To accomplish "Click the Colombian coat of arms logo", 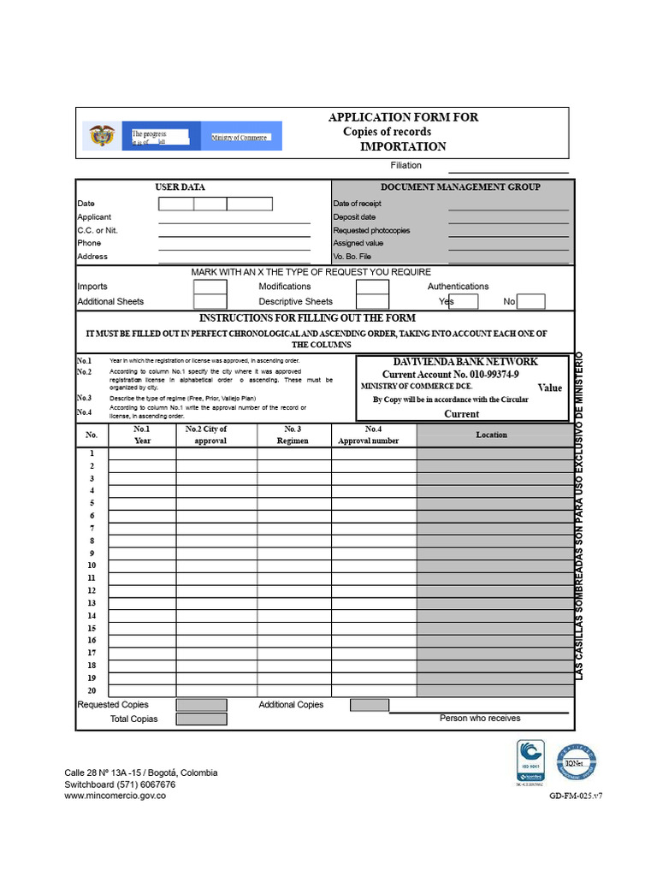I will click(102, 136).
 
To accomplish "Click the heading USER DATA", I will click(180, 186).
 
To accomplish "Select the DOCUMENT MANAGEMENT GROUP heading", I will click(460, 186).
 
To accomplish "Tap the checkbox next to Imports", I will click(210, 287).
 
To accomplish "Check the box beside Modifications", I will click(372, 287).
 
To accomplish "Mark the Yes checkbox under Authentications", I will click(463, 301).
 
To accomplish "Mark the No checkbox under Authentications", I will click(531, 301).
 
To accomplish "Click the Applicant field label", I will click(94, 217).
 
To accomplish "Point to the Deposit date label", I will click(354, 217).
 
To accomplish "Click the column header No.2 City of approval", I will click(210, 435).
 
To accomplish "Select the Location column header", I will click(491, 435).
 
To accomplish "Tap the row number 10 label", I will click(91, 565).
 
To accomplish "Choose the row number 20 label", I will click(91, 690).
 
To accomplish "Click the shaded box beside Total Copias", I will click(202, 719).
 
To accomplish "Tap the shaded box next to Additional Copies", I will click(369, 705).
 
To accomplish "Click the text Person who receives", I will click(479, 719).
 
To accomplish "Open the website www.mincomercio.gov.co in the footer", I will click(115, 796).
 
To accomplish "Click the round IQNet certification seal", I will click(576, 761).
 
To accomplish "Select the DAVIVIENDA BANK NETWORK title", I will click(465, 362).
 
